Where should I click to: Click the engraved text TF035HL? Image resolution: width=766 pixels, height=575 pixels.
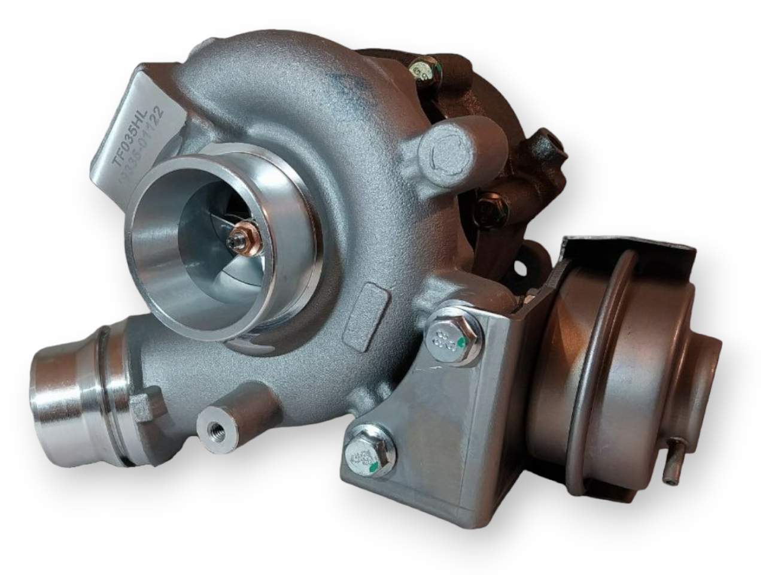click(135, 133)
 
